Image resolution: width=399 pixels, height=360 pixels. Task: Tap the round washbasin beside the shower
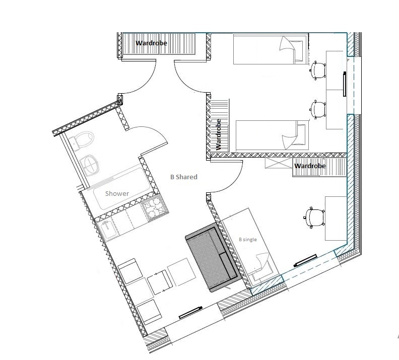coord(89,165)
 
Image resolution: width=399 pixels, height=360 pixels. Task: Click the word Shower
coord(117,193)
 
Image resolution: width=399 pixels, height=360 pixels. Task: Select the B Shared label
coord(184,177)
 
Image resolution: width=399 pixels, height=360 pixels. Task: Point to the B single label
coord(247,240)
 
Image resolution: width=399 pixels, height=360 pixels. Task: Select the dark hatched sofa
coord(213,257)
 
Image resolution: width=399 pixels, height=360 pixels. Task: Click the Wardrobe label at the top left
coord(151,43)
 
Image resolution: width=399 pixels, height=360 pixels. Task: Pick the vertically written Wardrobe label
coord(218,134)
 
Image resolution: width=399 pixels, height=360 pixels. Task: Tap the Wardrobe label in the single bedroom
coord(310,166)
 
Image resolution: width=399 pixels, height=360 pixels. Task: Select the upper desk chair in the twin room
coord(318,70)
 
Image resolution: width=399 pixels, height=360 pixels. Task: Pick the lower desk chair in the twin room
coord(318,109)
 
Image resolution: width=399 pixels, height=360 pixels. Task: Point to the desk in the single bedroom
coord(336,218)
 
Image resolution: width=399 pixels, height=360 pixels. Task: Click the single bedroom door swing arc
coord(235,181)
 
